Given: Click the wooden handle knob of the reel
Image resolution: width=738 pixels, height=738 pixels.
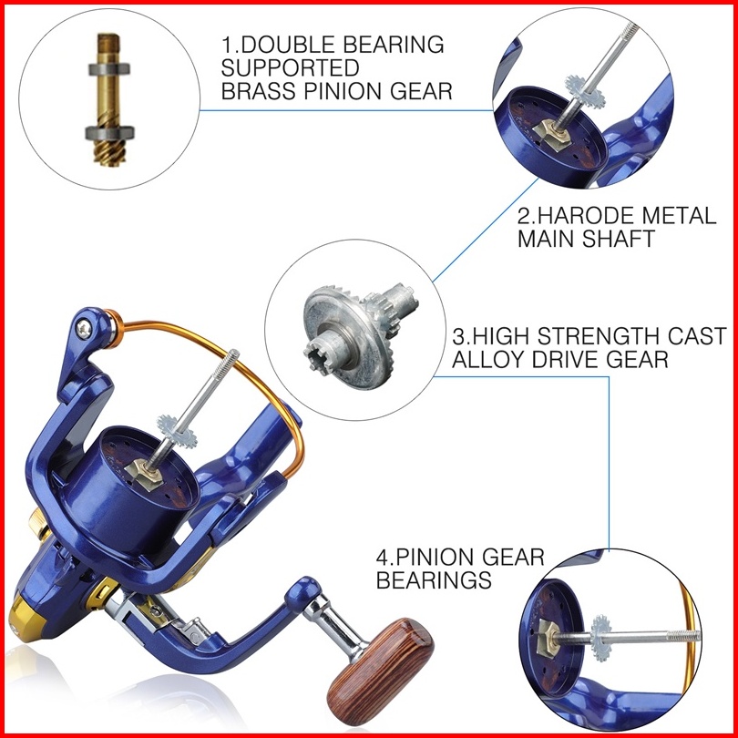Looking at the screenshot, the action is point(380,664).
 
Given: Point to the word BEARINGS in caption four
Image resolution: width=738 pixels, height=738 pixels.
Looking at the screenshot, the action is point(434,579).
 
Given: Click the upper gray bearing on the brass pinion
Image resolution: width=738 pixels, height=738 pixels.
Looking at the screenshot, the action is point(109,69).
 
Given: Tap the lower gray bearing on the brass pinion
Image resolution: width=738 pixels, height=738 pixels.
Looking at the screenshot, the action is point(109,133).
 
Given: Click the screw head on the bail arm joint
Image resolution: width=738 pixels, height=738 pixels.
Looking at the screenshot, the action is point(84,329).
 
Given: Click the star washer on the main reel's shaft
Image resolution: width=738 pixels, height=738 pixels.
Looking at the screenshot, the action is point(177,431).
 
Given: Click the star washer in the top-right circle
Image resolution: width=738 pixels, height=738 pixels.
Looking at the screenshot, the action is point(585,91).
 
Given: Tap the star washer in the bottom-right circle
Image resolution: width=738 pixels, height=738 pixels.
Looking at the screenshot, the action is point(601,638).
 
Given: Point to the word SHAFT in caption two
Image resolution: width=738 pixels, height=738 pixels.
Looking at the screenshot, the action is point(619,239).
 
